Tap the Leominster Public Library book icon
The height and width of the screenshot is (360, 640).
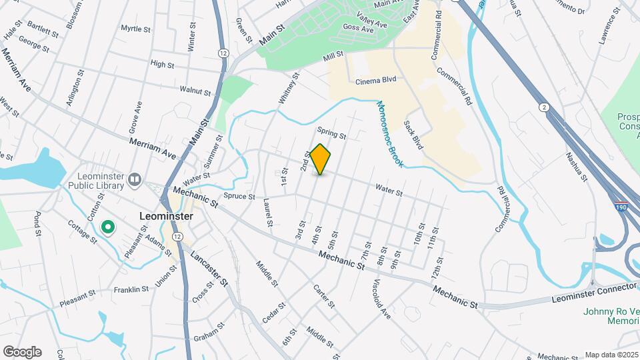tap(135, 179)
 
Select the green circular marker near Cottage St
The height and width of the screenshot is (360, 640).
tap(107, 228)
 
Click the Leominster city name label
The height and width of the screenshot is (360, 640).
tap(166, 217)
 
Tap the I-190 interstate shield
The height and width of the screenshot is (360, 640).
tap(621, 207)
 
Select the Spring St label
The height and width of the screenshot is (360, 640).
tap(332, 133)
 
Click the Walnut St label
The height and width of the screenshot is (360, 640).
tap(195, 89)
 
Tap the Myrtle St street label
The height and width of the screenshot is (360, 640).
tap(136, 29)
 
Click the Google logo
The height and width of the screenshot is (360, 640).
tap(22, 351)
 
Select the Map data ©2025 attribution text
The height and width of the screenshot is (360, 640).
tap(611, 355)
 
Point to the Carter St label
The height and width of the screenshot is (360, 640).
tap(324, 296)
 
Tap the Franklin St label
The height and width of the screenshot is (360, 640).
tap(131, 289)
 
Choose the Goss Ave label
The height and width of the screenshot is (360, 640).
tap(357, 29)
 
